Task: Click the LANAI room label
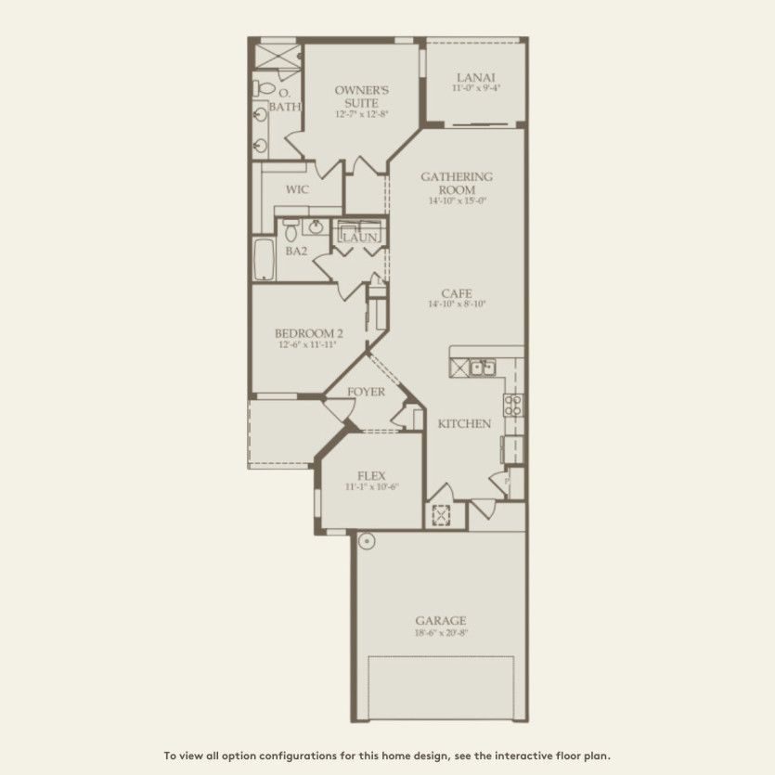(475, 77)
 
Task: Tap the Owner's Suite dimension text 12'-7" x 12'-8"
(361, 114)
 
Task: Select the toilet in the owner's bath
(264, 89)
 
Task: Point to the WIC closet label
(297, 188)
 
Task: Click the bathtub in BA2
(263, 260)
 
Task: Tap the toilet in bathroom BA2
(291, 229)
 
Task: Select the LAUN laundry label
(359, 239)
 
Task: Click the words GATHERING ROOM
(457, 183)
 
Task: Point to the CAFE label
(457, 292)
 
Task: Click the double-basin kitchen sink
(482, 368)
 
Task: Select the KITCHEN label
(464, 423)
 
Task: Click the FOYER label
(366, 392)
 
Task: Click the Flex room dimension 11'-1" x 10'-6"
(371, 487)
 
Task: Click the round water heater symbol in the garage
(367, 540)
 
